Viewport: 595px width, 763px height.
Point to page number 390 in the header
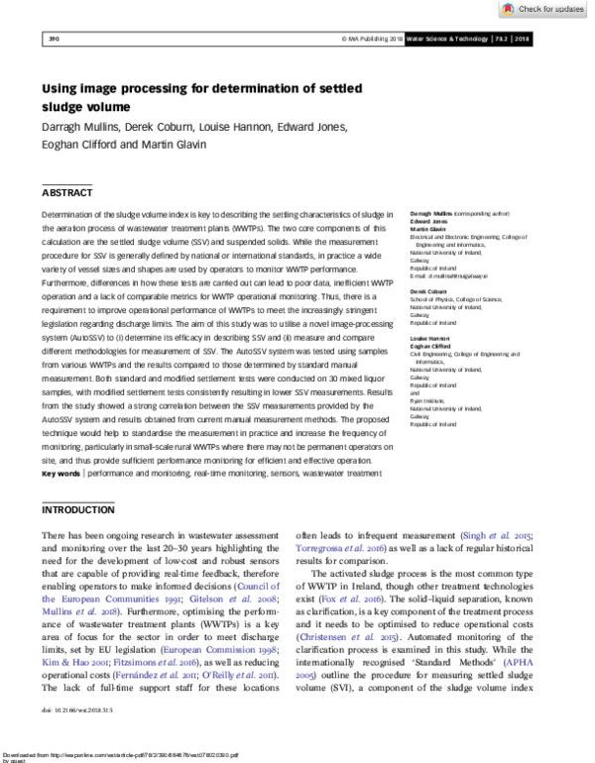pyautogui.click(x=55, y=40)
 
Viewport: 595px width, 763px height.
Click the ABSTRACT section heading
pyautogui.click(x=66, y=192)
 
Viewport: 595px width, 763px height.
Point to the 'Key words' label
pyautogui.click(x=60, y=474)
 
